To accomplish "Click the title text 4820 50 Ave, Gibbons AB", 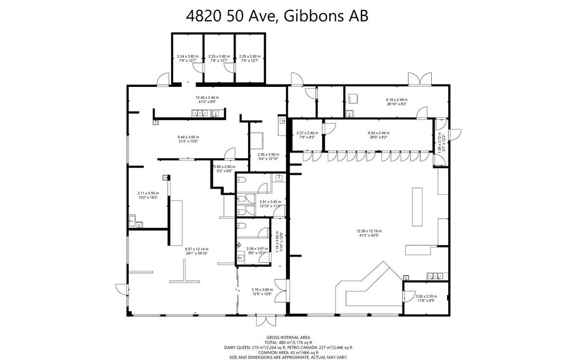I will point(277,16).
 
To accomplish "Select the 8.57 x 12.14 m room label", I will point(196,251).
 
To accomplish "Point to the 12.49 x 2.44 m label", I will point(207,99).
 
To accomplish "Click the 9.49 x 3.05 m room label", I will point(188,139).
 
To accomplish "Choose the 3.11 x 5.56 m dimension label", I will point(148,195).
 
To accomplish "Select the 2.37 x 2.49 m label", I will point(307,135).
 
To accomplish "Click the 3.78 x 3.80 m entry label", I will point(262,291).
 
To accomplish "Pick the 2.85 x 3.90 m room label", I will point(268,157).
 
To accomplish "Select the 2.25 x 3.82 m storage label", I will point(249,58).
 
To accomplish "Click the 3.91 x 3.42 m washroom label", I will point(270,203).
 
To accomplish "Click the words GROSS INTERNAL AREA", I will point(288,337).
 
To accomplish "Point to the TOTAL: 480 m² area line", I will point(288,342).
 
